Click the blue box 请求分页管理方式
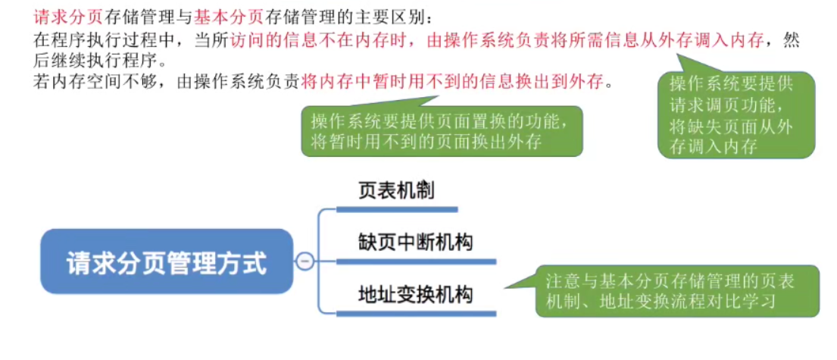coord(166,261)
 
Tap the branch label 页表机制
coord(396,190)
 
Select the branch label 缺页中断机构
coord(415,243)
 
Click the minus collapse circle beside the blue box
coord(305,261)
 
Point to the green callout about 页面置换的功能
coord(442,130)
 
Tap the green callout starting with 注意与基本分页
coord(676,290)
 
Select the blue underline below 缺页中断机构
coord(415,261)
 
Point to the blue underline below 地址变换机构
coord(415,312)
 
